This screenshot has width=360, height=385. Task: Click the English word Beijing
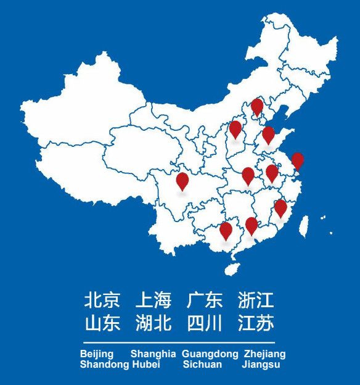(97, 354)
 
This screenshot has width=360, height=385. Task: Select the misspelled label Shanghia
(153, 354)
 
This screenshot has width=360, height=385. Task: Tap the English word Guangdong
(210, 354)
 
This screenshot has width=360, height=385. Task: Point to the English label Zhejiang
(264, 354)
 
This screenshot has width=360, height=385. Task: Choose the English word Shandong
(104, 365)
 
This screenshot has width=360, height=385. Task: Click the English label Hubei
(145, 365)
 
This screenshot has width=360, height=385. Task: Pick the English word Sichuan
(202, 365)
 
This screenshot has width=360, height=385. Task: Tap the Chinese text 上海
(153, 301)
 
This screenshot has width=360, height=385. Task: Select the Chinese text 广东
(205, 301)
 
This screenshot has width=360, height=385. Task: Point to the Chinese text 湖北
(153, 323)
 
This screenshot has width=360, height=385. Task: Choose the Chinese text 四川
(205, 323)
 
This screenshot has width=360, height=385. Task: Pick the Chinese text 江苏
(256, 323)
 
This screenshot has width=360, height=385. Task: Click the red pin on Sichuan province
(182, 180)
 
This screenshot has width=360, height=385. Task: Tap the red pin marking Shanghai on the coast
(298, 160)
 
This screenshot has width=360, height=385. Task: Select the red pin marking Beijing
(257, 107)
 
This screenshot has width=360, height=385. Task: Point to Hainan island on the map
(232, 269)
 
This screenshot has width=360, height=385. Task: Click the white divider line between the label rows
(179, 342)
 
